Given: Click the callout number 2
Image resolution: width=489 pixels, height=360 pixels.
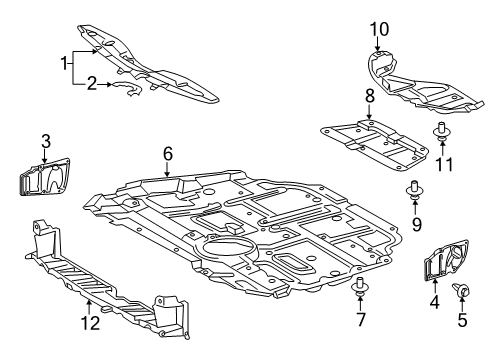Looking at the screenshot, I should click(90, 86).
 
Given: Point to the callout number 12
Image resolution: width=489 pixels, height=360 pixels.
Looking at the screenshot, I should click(89, 321).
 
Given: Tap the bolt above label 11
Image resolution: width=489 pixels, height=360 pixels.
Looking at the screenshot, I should click(441, 128).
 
